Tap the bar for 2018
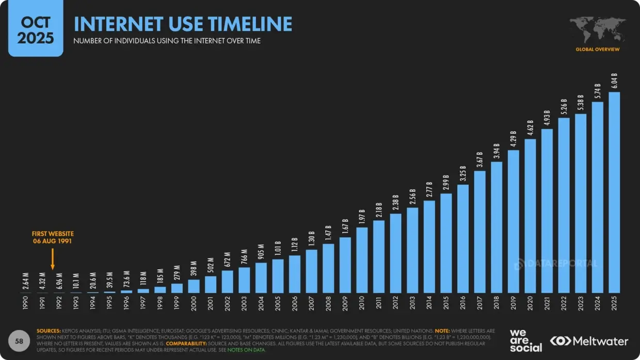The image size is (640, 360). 497,227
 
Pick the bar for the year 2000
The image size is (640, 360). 194,286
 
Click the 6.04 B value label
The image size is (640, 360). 614,81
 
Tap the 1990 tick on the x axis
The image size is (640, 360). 26,303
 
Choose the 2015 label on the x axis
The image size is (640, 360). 446,303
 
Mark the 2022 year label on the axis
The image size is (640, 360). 564,303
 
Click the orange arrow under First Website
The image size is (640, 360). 53,259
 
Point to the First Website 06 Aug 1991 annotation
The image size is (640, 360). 53,237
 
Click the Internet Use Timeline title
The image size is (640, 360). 183,24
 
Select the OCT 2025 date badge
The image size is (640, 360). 35,29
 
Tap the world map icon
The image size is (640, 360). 597,30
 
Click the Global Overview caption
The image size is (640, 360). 597,50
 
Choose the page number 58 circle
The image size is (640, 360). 19,341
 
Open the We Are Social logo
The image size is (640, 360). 525,340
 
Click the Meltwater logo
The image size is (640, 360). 589,341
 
